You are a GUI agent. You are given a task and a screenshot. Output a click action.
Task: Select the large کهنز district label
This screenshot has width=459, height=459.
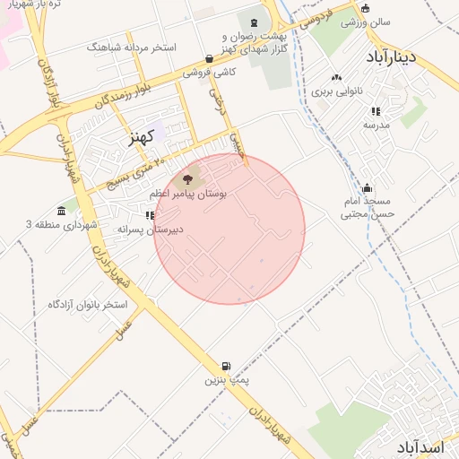coord(142,136)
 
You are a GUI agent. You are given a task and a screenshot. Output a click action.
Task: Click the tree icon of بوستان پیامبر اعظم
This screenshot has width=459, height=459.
coord(187,180)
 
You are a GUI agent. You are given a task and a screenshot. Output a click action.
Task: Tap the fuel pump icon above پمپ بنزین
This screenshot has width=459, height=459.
coord(226,366)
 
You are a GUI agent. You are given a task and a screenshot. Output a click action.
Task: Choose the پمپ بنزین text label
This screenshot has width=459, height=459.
coord(226,380)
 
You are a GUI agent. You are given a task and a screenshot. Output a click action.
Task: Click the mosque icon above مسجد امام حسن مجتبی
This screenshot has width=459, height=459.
coord(367,188)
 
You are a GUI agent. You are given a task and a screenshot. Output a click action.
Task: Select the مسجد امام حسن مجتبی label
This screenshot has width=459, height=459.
coord(368,209)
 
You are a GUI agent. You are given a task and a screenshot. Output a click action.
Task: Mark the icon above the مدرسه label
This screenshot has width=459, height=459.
coord(376,111)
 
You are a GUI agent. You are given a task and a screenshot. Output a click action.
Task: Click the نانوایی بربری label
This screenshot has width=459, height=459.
coord(337,91)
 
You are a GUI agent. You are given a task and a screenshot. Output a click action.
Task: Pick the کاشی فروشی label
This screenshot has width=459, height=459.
coord(210,72)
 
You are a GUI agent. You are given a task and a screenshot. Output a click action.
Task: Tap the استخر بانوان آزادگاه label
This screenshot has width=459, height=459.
coord(88,305)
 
